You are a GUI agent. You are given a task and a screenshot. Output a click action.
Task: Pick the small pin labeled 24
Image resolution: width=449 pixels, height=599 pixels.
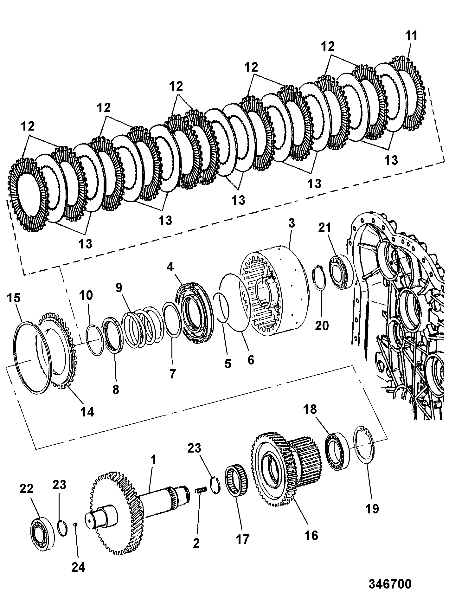75,524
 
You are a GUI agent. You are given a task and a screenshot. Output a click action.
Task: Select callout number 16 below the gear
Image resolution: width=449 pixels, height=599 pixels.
311,535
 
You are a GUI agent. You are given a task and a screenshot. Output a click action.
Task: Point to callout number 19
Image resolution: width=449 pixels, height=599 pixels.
372,509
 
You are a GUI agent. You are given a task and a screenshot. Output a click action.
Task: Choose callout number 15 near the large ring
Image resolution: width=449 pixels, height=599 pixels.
13,298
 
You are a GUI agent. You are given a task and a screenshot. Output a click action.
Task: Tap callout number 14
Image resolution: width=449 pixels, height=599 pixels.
87,412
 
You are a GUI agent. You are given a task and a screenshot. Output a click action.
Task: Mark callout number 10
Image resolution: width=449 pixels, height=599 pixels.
86,295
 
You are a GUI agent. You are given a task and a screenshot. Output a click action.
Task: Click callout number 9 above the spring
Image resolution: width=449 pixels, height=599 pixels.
119,288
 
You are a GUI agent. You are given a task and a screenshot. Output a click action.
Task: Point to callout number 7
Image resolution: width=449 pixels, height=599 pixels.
172,373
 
